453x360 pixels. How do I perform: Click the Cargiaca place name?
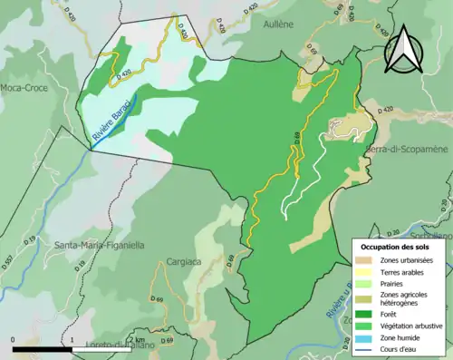[184, 262]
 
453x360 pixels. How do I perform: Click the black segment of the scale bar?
[43, 349]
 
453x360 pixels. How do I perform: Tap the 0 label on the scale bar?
[14, 340]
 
